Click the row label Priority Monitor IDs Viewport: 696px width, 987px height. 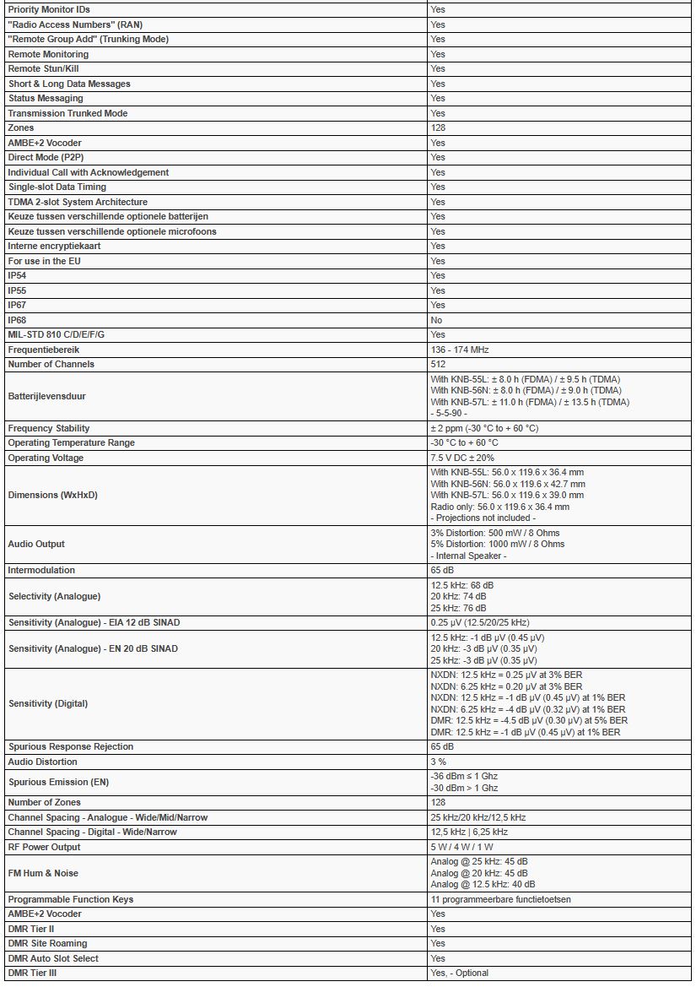tap(48, 9)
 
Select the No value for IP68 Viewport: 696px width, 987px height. tap(436, 320)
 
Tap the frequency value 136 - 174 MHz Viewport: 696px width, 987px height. tap(459, 350)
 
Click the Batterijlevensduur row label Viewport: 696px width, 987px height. tap(46, 396)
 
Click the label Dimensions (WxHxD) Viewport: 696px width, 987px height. tap(52, 495)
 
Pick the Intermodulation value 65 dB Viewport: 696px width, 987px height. tap(442, 570)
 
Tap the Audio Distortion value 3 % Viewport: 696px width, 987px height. tap(438, 762)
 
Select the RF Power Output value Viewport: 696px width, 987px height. tap(463, 847)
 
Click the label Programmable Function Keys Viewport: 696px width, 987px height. tap(70, 899)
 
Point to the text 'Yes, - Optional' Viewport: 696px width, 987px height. tap(459, 973)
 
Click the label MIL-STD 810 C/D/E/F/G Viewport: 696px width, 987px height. tap(56, 334)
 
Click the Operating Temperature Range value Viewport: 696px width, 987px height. tap(464, 442)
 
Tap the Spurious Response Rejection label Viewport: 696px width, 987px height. tap(70, 746)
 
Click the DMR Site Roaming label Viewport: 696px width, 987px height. tap(47, 943)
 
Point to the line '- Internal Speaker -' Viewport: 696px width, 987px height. tap(470, 555)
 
